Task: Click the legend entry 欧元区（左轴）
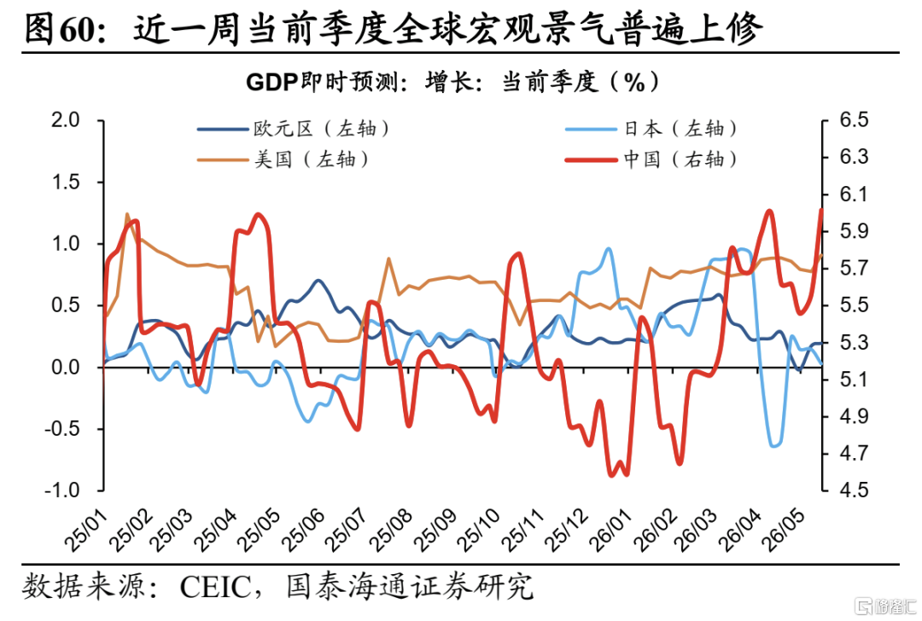pyautogui.click(x=293, y=129)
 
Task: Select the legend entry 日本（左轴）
pyautogui.click(x=651, y=129)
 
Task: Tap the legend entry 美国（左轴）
pyautogui.click(x=283, y=160)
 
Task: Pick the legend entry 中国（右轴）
pyautogui.click(x=651, y=160)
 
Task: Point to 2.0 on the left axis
pyautogui.click(x=65, y=120)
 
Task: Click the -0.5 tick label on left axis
pyautogui.click(x=61, y=429)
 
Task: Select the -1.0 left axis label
pyautogui.click(x=61, y=490)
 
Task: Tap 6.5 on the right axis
pyautogui.click(x=854, y=120)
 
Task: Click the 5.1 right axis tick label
pyautogui.click(x=854, y=380)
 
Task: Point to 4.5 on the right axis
pyautogui.click(x=854, y=490)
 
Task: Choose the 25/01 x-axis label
pyautogui.click(x=86, y=531)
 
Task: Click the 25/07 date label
pyautogui.click(x=347, y=531)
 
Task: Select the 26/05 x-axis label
pyautogui.click(x=783, y=531)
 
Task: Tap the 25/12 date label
pyautogui.click(x=566, y=531)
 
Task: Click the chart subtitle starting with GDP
pyautogui.click(x=452, y=82)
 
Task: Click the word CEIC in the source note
pyautogui.click(x=216, y=587)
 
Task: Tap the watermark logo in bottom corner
pyautogui.click(x=886, y=606)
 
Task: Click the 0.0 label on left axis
pyautogui.click(x=65, y=367)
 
